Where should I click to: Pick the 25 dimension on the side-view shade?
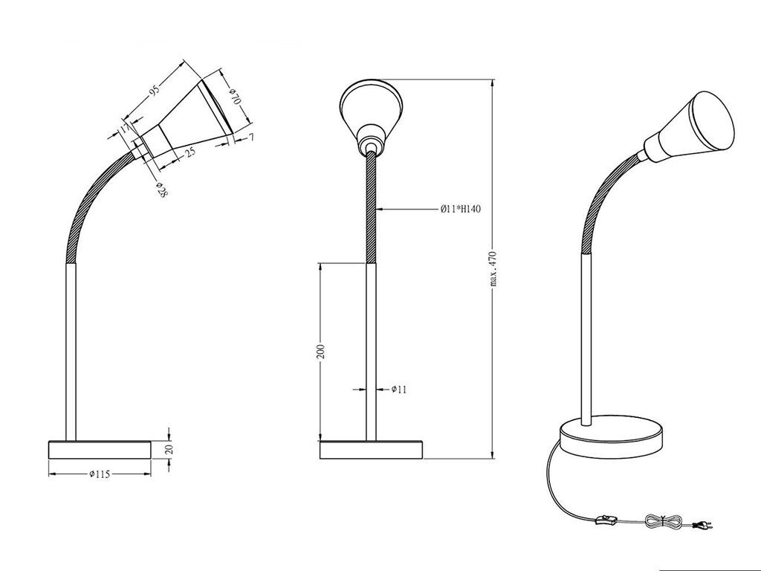(190, 153)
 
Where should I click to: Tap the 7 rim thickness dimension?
(251, 138)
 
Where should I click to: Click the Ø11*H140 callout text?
(461, 210)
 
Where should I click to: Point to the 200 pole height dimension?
(320, 352)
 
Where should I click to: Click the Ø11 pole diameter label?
(399, 389)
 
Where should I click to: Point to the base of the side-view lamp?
(99, 450)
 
